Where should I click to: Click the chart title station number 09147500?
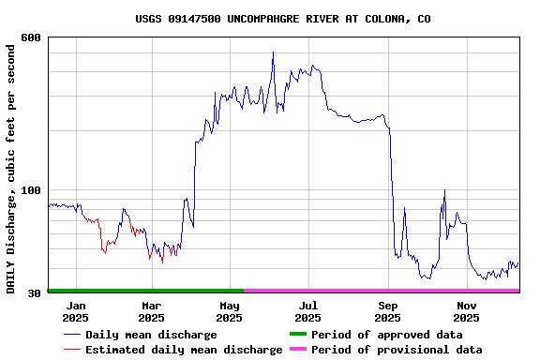click(x=191, y=19)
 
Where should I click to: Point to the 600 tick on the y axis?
click(x=31, y=37)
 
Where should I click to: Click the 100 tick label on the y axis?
click(x=31, y=190)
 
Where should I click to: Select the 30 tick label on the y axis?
click(x=35, y=293)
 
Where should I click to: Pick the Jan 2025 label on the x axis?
click(x=76, y=311)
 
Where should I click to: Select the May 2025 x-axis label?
click(x=230, y=311)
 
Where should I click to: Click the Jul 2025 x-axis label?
click(x=308, y=311)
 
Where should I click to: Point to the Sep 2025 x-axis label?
click(x=387, y=311)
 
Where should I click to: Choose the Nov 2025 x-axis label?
click(x=467, y=311)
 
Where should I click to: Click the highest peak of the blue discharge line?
click(x=273, y=52)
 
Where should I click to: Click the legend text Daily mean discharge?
click(x=151, y=335)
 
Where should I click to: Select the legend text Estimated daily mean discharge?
click(x=184, y=350)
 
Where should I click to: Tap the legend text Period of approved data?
click(x=386, y=335)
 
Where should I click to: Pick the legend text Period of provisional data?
click(x=397, y=350)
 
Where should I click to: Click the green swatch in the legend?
click(x=297, y=335)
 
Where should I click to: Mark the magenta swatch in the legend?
click(x=297, y=350)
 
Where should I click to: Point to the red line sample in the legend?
click(x=71, y=350)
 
